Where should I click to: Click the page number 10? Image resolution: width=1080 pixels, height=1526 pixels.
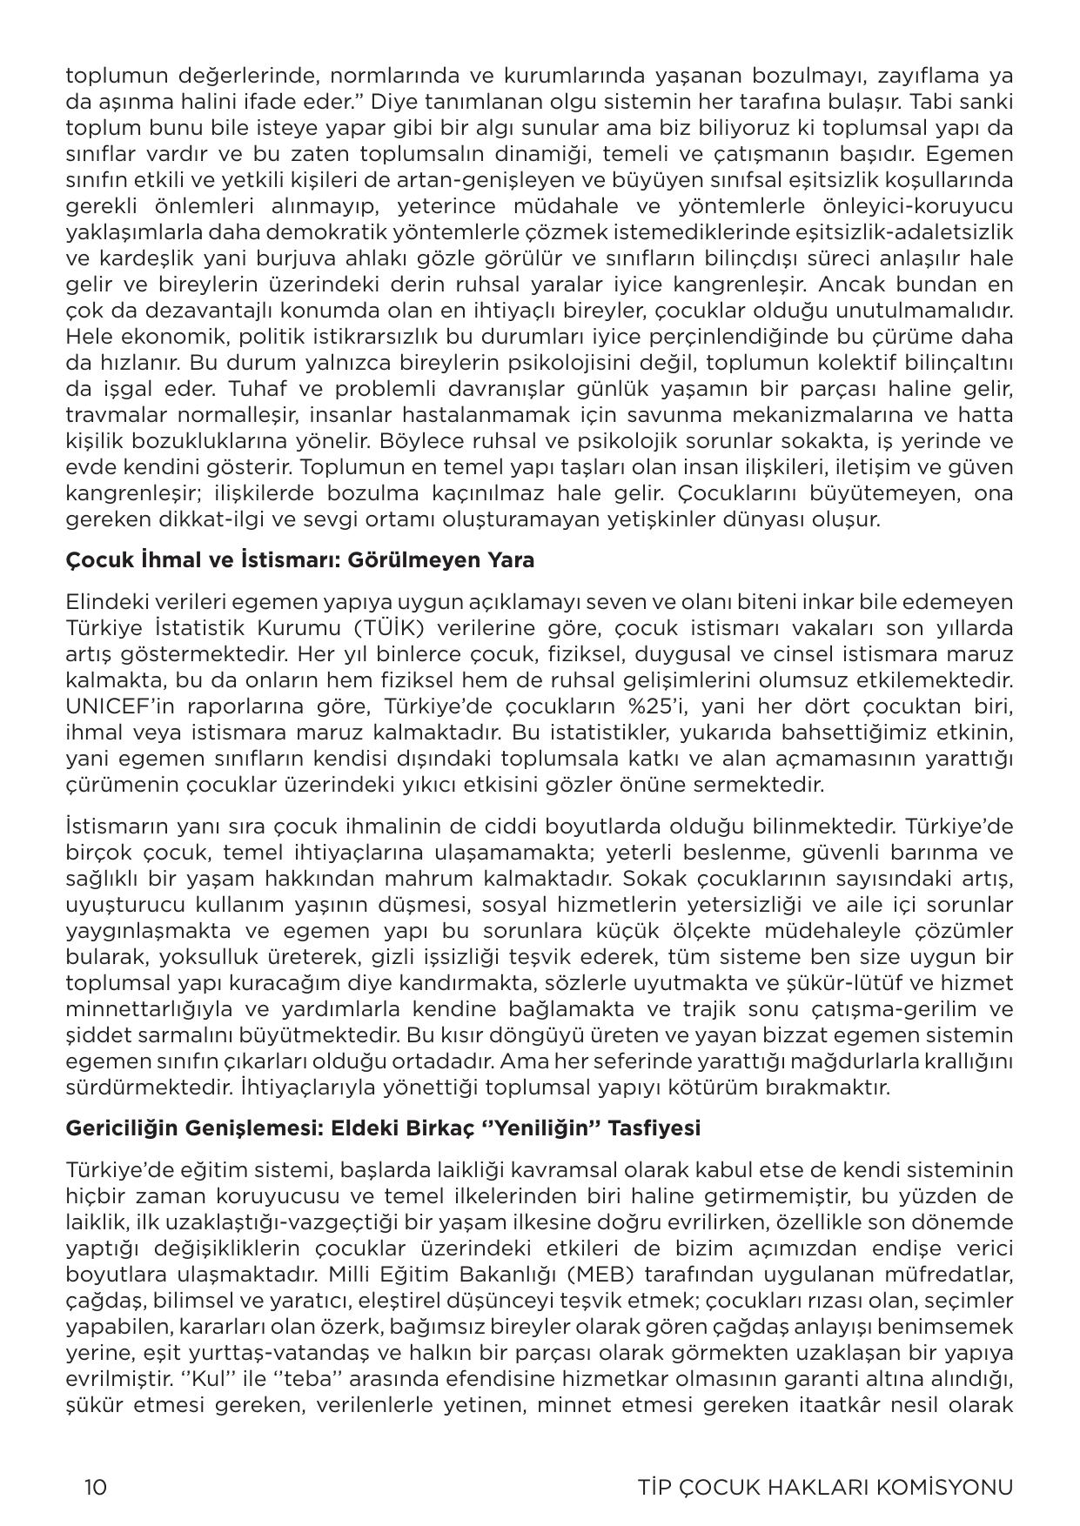[x=96, y=1487]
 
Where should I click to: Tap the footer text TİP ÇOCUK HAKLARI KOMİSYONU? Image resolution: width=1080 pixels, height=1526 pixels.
[x=825, y=1487]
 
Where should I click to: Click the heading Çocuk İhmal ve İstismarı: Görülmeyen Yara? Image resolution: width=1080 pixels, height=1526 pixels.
[x=300, y=559]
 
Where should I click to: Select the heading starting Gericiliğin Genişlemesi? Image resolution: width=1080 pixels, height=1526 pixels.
[x=383, y=1128]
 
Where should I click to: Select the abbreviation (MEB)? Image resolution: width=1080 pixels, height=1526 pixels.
[x=569, y=1275]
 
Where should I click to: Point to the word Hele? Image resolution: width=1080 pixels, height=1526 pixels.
[x=87, y=337]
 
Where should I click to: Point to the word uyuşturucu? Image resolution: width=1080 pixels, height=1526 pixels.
[x=117, y=905]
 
